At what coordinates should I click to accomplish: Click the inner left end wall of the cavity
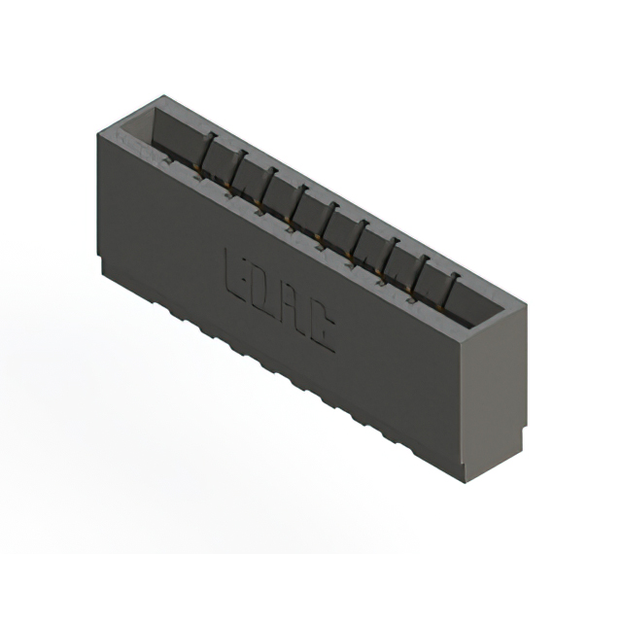pos(136,131)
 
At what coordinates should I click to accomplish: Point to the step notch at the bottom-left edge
pos(100,257)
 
